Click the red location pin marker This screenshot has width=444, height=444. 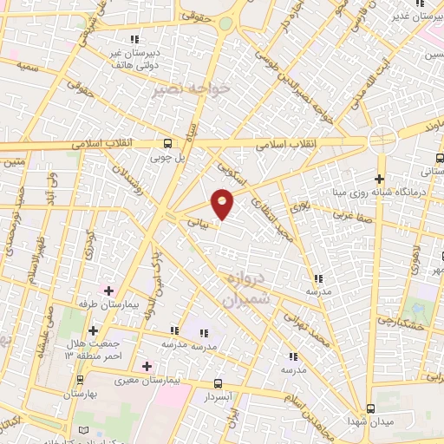(223, 203)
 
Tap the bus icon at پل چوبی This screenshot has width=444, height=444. (168, 144)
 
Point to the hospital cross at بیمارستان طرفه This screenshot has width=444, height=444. (108, 289)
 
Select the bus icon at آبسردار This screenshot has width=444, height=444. (218, 382)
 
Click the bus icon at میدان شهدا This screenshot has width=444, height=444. (371, 408)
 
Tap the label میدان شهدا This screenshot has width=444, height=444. (372, 421)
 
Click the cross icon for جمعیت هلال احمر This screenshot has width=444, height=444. (93, 330)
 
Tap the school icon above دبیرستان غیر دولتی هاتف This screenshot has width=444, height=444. (134, 39)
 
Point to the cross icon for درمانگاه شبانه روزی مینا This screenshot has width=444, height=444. (380, 178)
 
